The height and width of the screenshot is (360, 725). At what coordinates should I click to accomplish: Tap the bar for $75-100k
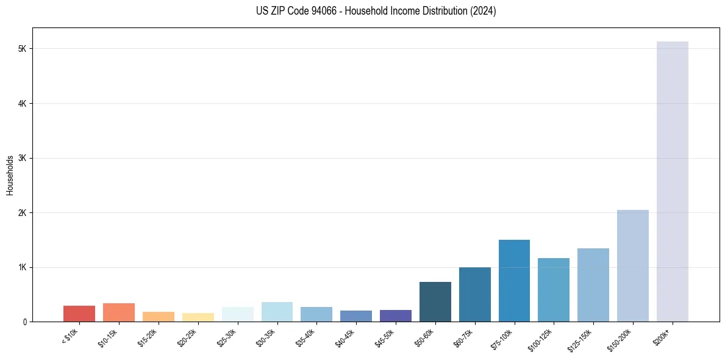(x=514, y=281)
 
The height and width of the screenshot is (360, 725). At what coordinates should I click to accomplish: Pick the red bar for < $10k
(x=79, y=314)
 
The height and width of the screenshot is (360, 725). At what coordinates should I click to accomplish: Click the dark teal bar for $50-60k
(x=435, y=301)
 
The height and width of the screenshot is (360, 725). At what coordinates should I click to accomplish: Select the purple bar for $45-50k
(x=395, y=315)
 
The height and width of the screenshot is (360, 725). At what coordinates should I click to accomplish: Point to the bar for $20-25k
(x=198, y=317)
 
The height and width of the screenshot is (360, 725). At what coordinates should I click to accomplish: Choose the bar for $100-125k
(x=553, y=290)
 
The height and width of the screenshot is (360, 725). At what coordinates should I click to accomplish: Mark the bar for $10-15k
(x=119, y=312)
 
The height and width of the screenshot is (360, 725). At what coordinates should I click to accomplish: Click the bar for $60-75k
(x=474, y=294)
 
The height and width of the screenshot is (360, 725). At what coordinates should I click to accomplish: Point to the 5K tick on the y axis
(x=24, y=49)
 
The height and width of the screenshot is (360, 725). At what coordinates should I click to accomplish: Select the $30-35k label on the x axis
(x=267, y=337)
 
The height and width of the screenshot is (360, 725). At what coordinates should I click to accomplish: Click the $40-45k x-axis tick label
(x=346, y=337)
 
